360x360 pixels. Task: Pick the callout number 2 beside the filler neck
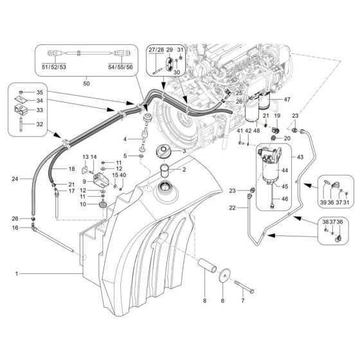(x=184, y=170)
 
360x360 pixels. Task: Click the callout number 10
(x=84, y=204)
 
